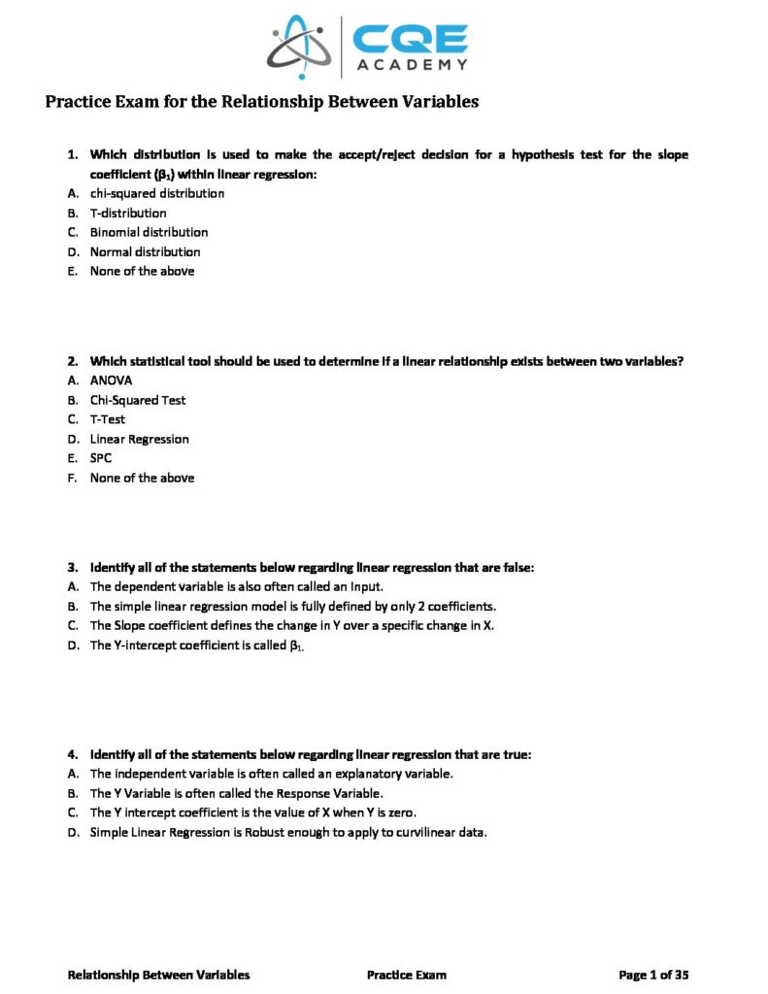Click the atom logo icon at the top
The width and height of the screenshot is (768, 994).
point(300,46)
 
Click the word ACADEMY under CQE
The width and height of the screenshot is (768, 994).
point(411,65)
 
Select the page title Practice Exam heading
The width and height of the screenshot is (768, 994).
point(262,102)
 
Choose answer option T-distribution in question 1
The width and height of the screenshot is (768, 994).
point(128,213)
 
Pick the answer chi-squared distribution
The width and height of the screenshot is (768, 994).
point(157,193)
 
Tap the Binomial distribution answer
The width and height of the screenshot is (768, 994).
point(149,232)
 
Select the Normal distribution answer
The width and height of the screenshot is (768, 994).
point(145,251)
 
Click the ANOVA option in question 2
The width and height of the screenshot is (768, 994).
point(111,381)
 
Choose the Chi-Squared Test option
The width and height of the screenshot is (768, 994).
point(138,400)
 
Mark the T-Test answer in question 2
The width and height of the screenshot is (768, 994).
point(108,419)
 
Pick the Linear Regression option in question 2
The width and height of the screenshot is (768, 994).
point(140,439)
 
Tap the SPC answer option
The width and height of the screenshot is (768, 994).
point(101,458)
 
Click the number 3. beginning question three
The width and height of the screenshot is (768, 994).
point(72,567)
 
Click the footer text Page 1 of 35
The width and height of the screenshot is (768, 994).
point(653,975)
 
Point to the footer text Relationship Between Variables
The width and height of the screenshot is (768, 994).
point(158,975)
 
